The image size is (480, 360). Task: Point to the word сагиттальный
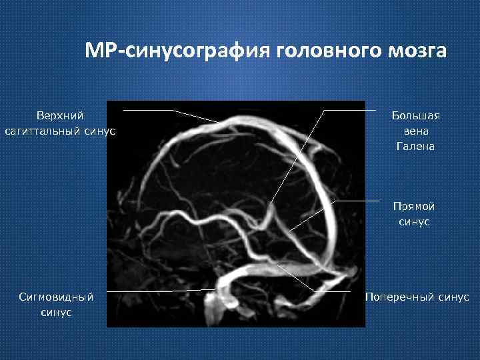[43, 131]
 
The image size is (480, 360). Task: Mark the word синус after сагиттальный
[101, 131]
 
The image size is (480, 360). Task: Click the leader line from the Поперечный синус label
[333, 291]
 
